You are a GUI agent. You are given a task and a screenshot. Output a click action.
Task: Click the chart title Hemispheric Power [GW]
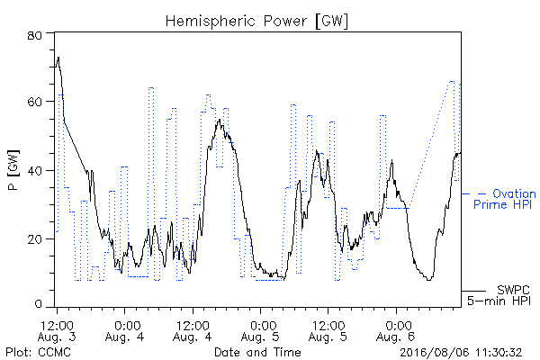point(256,21)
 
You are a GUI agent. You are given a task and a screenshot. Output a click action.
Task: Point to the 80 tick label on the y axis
point(34,35)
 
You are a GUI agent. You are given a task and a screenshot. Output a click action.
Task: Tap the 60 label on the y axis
point(34,102)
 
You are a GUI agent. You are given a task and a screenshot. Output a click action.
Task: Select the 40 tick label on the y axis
point(34,170)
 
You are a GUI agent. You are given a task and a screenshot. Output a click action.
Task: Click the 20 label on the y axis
point(34,239)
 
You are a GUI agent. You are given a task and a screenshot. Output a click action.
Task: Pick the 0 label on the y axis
point(38,304)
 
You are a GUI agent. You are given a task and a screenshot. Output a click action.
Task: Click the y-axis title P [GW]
point(13,170)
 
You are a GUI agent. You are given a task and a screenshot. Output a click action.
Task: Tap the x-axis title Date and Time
point(257,352)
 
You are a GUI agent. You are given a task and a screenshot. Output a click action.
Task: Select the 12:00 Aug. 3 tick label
point(57,331)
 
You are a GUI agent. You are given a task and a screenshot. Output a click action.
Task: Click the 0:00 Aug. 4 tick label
point(124,331)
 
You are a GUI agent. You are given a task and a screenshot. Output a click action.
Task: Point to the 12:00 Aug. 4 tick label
point(193,331)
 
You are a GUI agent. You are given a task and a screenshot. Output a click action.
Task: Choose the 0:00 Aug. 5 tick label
point(260,331)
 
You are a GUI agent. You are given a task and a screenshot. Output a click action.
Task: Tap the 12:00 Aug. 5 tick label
point(328,331)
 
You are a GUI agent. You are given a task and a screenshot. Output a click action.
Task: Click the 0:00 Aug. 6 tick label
point(396,331)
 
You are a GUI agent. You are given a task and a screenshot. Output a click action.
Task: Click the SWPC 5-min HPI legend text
point(499,295)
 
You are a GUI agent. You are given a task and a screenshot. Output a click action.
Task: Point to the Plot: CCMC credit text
point(38,352)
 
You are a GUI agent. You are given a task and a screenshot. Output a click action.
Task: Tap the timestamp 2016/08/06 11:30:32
point(461,353)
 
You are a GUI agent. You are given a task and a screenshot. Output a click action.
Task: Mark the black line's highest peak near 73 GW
point(58,58)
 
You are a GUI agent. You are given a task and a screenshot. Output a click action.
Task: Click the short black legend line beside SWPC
point(473,291)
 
